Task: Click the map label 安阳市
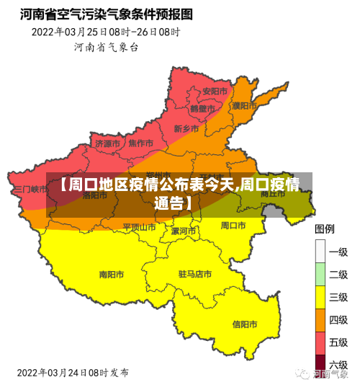click(x=215, y=92)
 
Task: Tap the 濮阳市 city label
click(x=245, y=105)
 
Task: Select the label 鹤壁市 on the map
click(x=202, y=109)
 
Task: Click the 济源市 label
click(x=107, y=143)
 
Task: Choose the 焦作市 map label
click(x=140, y=143)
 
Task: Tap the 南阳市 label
click(x=111, y=274)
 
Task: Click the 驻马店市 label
click(x=194, y=274)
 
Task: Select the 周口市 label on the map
click(x=234, y=225)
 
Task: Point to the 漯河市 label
click(x=184, y=231)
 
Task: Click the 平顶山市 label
click(x=139, y=226)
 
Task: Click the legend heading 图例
click(x=325, y=229)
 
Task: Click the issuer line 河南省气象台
click(x=106, y=47)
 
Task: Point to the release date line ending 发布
click(x=73, y=373)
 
